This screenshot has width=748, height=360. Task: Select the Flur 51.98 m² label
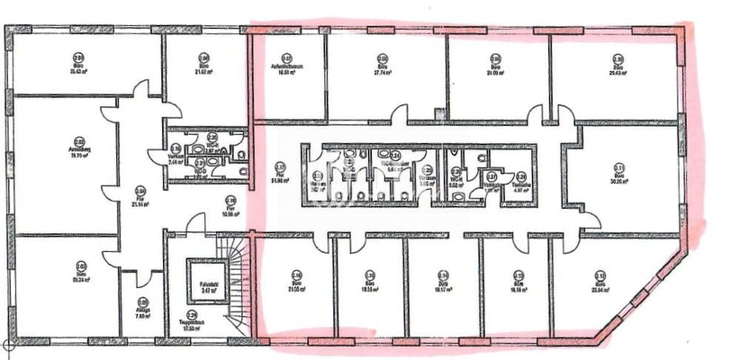point(280,174)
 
